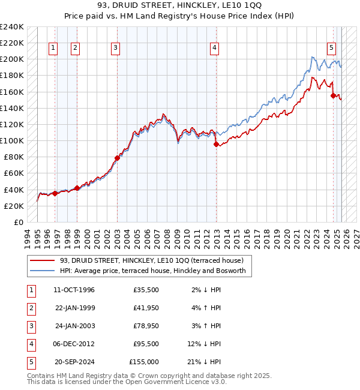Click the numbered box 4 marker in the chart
pyautogui.click(x=214, y=49)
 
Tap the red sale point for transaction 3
pyautogui.click(x=117, y=158)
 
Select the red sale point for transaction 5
pyautogui.click(x=333, y=95)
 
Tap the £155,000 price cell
pyautogui.click(x=144, y=362)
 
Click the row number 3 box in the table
pyautogui.click(x=30, y=326)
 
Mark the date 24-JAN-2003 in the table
pyautogui.click(x=74, y=326)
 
